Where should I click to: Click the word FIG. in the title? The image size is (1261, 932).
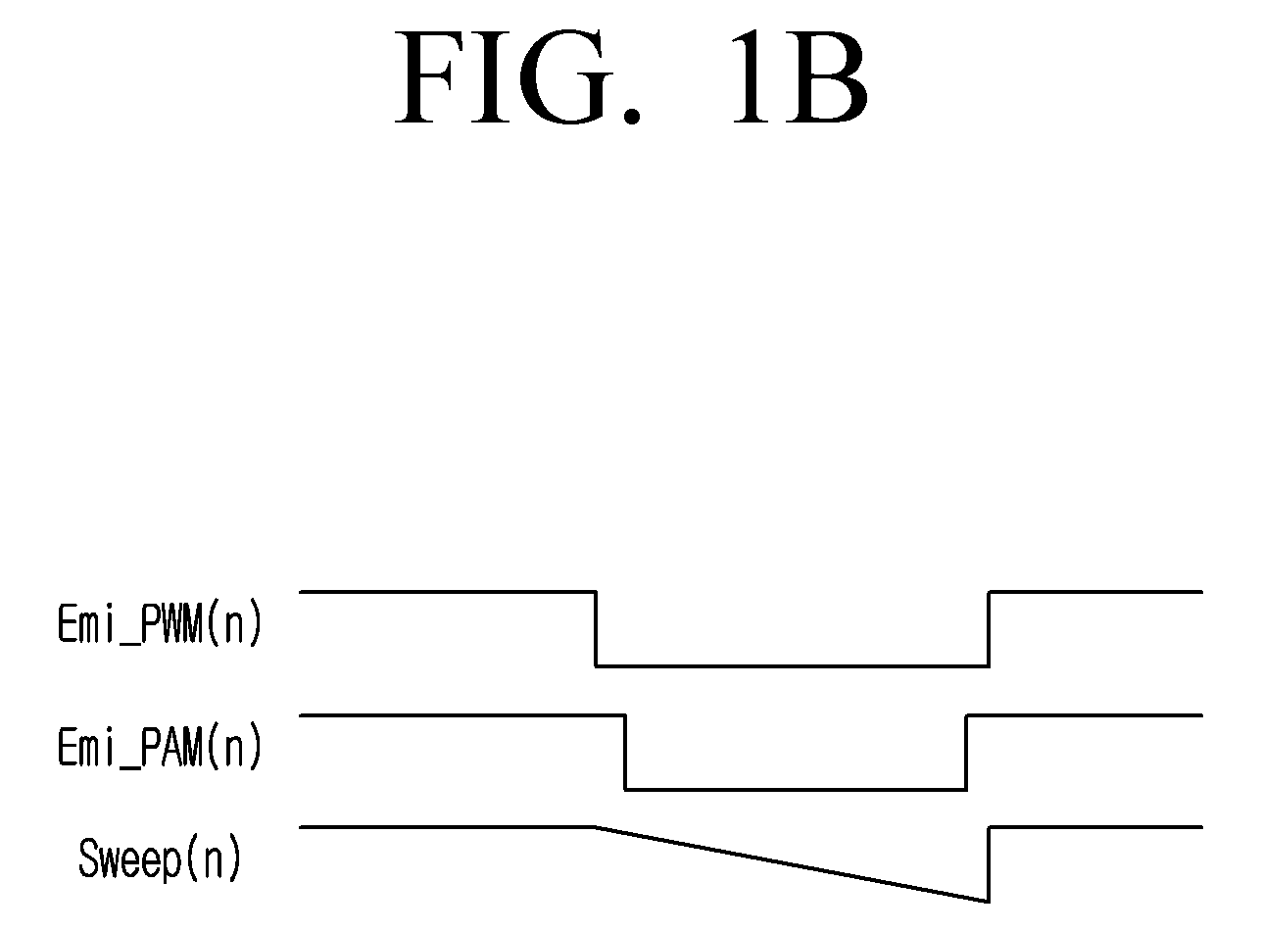point(517,76)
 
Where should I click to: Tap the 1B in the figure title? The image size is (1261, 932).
point(800,76)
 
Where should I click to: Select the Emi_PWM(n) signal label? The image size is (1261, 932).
point(160,624)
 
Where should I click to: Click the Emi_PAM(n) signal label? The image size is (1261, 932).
point(160,747)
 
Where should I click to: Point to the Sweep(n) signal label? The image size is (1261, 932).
point(161,858)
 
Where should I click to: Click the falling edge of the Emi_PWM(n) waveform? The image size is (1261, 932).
point(596,628)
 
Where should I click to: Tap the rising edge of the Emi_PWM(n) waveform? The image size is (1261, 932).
point(989,628)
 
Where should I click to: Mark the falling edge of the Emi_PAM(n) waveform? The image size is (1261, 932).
point(625,753)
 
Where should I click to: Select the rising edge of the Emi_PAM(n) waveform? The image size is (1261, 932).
point(966,753)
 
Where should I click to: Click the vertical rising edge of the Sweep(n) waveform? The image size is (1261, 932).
point(989,864)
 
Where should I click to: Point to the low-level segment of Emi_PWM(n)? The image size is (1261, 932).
point(793,665)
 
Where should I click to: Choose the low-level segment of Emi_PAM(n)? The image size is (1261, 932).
point(796,789)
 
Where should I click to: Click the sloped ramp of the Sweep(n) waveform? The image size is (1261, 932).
point(792,864)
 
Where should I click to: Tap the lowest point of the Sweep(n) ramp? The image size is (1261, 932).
point(988,902)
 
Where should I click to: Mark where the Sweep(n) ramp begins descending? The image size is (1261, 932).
point(596,827)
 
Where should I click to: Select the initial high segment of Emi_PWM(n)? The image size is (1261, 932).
point(448,592)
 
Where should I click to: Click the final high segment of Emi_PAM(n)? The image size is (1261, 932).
point(1085,715)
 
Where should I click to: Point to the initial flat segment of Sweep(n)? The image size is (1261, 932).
point(448,827)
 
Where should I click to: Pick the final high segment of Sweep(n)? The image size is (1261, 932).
point(1096,827)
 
